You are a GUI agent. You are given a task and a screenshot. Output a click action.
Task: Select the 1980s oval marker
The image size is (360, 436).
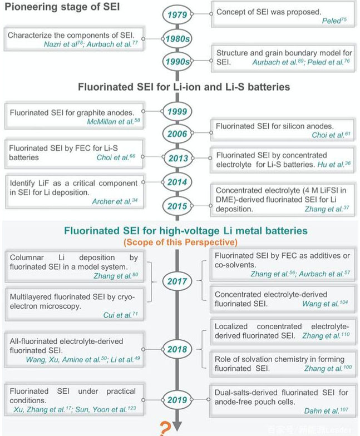177,39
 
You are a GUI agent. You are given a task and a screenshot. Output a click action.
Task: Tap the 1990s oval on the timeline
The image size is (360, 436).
177,62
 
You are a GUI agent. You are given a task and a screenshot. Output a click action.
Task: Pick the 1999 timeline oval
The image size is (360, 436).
177,111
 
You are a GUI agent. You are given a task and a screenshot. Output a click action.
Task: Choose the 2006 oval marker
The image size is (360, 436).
177,133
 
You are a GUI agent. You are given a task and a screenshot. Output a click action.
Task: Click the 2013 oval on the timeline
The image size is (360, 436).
177,157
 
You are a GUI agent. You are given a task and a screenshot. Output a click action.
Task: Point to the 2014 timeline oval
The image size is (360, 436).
177,182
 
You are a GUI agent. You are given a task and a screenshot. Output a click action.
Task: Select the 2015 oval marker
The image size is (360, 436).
177,205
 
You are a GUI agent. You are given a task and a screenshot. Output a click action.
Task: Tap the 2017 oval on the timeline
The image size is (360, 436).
177,281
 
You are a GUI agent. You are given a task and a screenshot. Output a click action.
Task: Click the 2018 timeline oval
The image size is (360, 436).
177,349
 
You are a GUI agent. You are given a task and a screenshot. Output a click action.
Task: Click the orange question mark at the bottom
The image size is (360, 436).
165,427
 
